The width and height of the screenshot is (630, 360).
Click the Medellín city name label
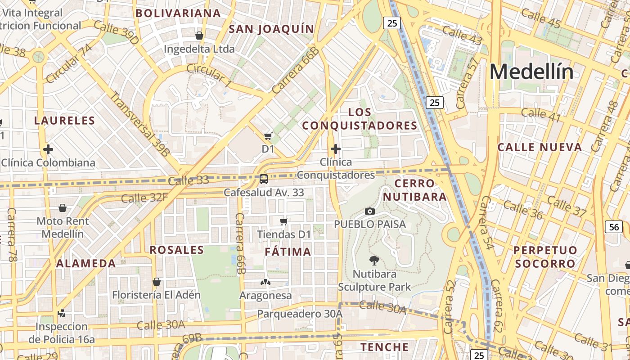pos(531,72)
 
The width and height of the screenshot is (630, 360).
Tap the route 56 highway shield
pos(614,227)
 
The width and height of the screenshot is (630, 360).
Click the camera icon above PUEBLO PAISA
pos(369,211)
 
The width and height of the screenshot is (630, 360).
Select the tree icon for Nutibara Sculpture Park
pos(374,260)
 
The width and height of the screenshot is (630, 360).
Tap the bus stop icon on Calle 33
pos(264,179)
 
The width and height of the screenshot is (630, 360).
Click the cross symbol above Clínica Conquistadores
pos(335,148)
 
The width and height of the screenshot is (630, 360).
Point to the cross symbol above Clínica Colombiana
pos(48,149)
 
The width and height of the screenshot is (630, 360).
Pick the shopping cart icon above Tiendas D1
pos(283,221)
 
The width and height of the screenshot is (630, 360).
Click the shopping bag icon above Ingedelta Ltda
pos(199,35)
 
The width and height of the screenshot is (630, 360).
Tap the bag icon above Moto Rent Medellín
pos(63,207)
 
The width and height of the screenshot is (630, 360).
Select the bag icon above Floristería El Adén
pos(156,282)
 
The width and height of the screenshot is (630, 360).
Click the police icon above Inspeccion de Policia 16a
pos(62,313)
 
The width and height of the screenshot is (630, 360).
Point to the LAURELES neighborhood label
pos(65,121)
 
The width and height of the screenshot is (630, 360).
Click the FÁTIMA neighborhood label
pos(288,252)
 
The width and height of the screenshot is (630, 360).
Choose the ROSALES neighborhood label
pos(177,250)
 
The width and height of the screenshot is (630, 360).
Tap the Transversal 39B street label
pos(140,124)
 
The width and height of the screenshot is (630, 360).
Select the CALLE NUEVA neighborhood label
pos(540,147)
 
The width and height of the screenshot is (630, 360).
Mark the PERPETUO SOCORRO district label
pos(545,256)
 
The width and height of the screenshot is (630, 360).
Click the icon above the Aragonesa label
pos(265,282)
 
